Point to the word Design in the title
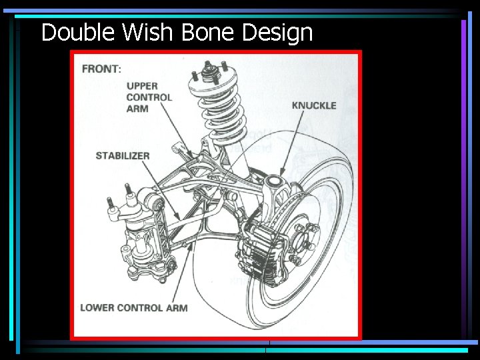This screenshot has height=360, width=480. point(277,32)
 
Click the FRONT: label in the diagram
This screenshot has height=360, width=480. point(101,69)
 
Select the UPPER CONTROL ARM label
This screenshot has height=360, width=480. point(149,97)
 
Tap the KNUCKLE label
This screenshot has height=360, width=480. point(314,105)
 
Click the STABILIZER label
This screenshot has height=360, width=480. point(123,155)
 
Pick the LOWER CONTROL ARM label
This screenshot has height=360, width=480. point(133,307)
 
